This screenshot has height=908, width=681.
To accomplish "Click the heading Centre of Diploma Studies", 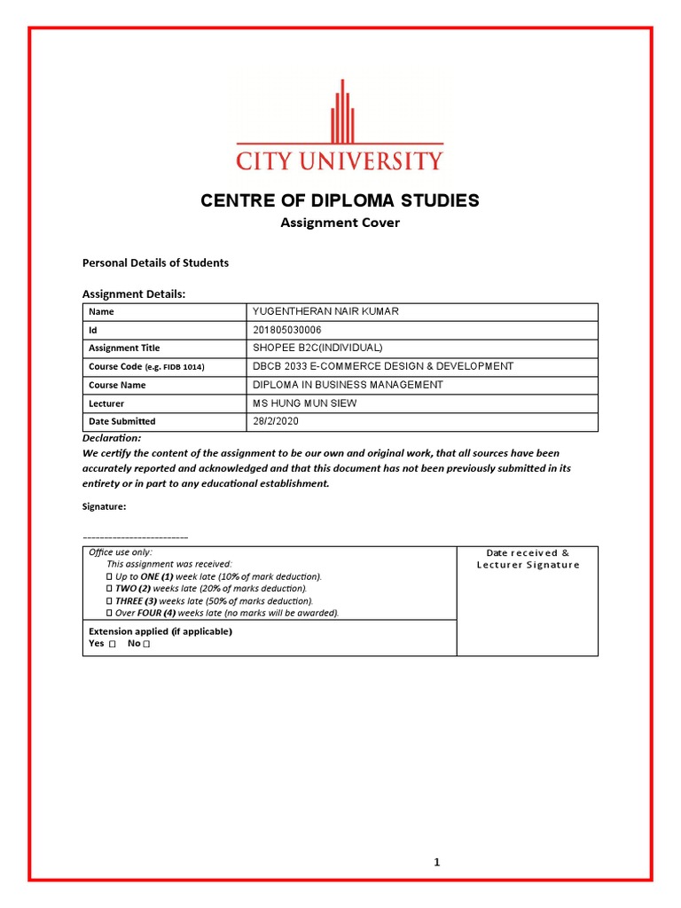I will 340,200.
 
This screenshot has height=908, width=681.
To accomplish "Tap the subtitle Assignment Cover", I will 340,223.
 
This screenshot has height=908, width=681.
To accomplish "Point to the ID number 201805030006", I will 287,330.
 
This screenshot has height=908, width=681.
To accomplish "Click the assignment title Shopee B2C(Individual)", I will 317,348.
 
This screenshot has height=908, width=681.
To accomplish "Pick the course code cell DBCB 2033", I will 383,366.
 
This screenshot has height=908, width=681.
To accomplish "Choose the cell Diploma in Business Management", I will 348,385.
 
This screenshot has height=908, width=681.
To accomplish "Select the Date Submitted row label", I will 121,421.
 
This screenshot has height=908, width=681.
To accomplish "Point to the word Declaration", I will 112,438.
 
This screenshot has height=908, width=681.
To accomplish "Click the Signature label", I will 104,506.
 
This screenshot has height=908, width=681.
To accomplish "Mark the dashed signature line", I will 135,538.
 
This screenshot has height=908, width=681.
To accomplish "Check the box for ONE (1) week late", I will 109,576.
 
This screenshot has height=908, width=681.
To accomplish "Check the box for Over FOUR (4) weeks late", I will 109,613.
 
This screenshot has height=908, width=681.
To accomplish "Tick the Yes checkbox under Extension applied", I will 113,644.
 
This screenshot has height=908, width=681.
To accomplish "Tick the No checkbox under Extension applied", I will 146,644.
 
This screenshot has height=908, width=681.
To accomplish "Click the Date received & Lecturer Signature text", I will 528,559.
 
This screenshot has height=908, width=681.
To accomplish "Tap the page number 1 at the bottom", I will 437,862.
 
